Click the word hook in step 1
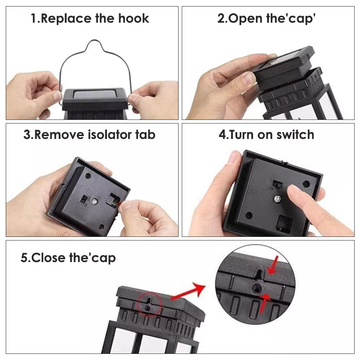pos(134,18)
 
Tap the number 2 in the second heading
pos(221,18)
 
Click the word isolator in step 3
pos(109,135)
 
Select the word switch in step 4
pos(295,135)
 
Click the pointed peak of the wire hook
pos(94,41)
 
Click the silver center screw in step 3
pos(94,202)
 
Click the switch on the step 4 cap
pos(277,184)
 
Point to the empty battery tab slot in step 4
pos(285,223)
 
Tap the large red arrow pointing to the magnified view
pos(188,291)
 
